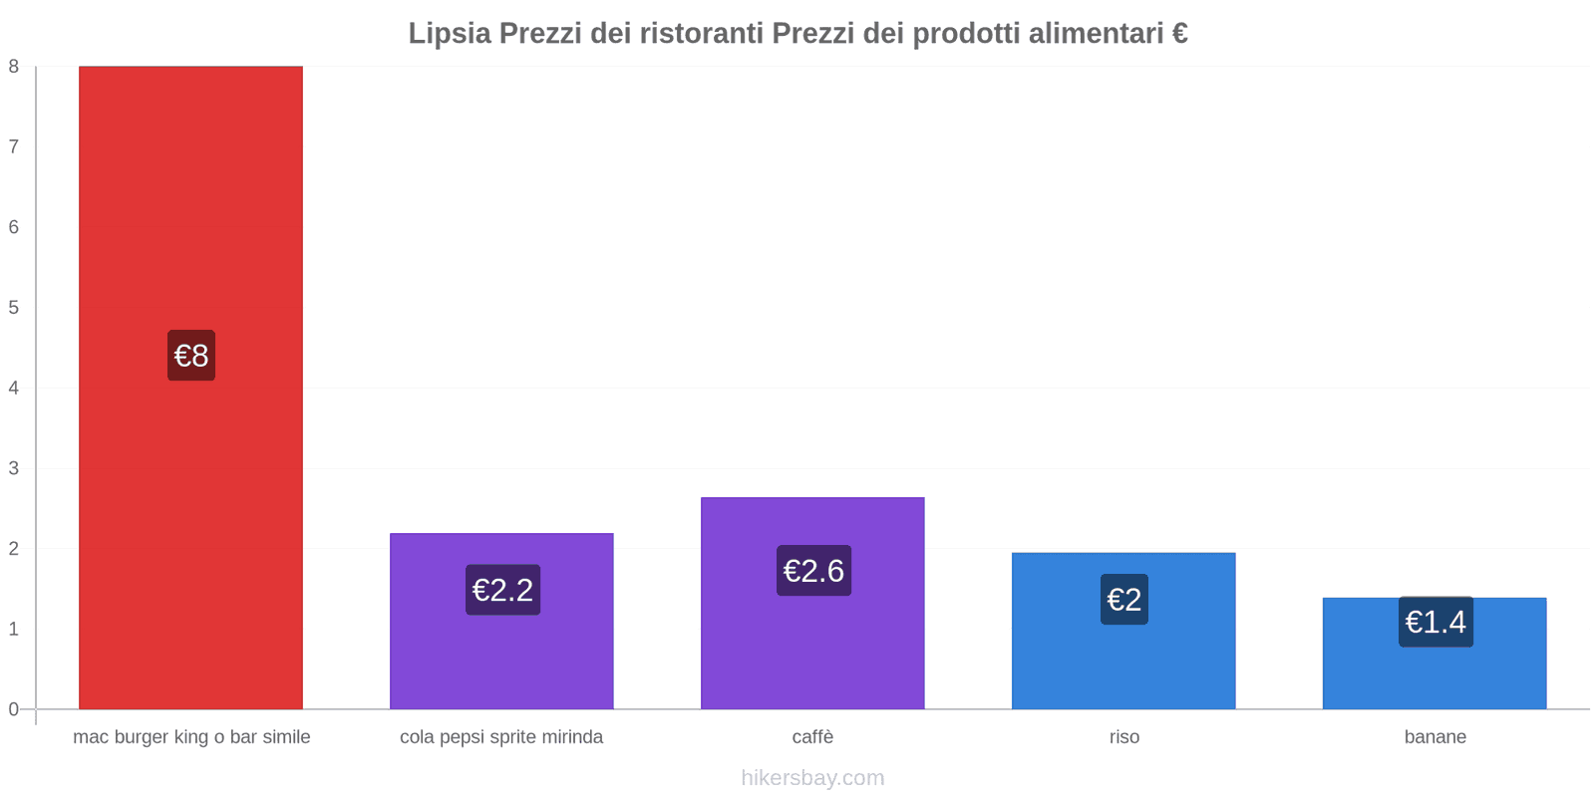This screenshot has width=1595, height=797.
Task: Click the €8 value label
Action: [191, 356]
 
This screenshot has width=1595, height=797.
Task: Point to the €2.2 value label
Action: [502, 590]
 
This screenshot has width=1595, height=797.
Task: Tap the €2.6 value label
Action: [813, 571]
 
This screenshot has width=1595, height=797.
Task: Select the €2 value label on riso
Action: [1124, 600]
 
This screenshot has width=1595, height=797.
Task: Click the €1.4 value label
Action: [1435, 622]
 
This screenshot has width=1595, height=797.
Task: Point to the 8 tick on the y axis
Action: [14, 67]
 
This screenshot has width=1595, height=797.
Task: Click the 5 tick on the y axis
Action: [14, 308]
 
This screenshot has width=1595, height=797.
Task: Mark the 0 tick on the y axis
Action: [14, 709]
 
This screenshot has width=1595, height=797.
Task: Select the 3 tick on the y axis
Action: [14, 468]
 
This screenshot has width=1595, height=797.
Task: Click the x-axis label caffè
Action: [812, 737]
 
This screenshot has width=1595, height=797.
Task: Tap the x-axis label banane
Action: [1435, 737]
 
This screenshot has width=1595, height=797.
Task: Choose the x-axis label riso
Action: [1123, 737]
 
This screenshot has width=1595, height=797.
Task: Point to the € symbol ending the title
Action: [1179, 34]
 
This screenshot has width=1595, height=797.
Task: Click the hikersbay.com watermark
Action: [812, 778]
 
